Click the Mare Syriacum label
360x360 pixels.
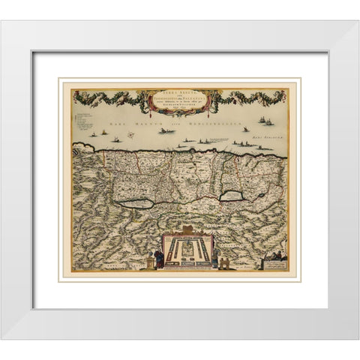pos(269,137)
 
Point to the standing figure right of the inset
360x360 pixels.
pos(215,257)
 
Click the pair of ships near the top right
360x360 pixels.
pos(264,119)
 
